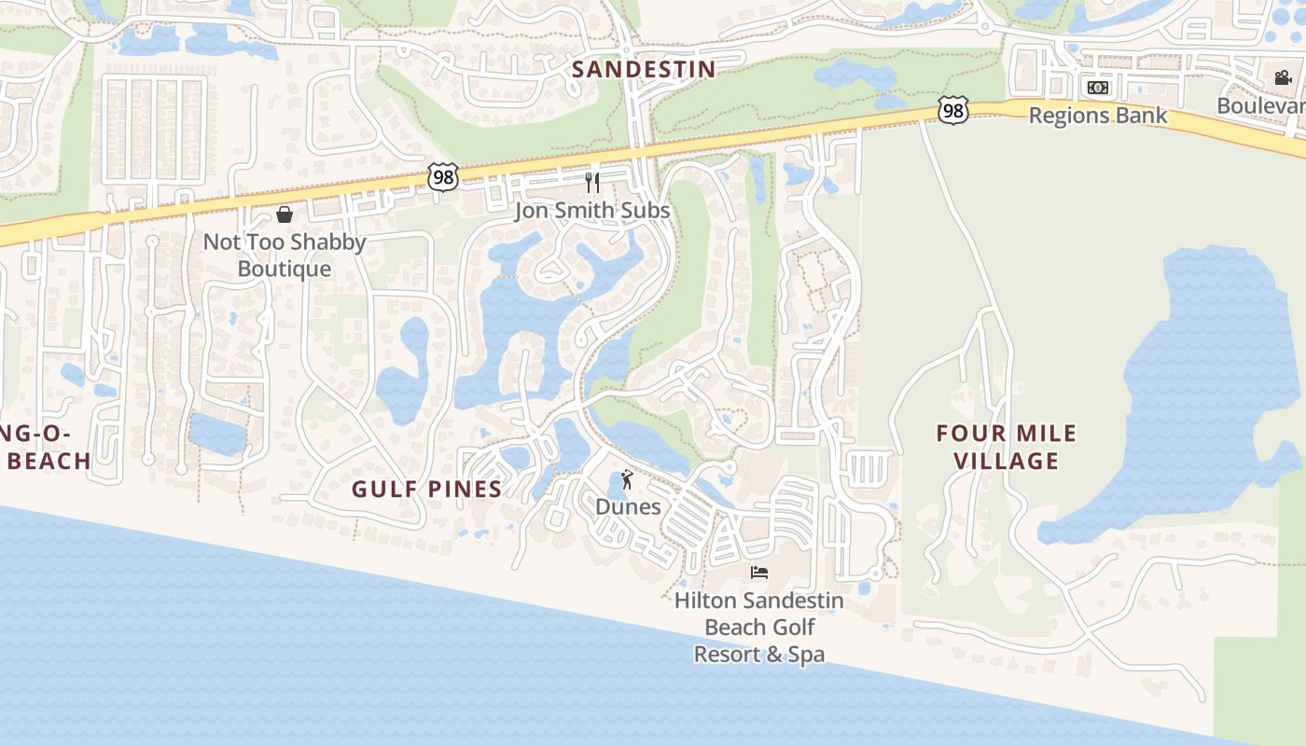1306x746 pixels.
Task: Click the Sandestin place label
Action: pos(643,69)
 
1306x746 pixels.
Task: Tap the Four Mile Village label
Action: pos(1006,447)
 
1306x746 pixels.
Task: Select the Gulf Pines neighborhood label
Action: pos(426,489)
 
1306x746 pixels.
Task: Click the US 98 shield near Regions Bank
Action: pos(952,111)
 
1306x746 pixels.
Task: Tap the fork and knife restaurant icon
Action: pos(591,182)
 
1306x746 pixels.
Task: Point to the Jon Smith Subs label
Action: pos(592,211)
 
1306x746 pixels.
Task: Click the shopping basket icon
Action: pos(285,215)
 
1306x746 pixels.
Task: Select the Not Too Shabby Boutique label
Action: pos(285,255)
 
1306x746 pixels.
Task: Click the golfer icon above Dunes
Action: pos(628,481)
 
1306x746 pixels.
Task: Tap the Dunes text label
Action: pos(628,507)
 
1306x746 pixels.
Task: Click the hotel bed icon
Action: pos(759,572)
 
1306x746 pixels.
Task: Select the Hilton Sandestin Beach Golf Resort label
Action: pos(759,627)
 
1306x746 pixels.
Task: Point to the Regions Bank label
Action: pos(1097,115)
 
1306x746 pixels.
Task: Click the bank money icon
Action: pos(1097,88)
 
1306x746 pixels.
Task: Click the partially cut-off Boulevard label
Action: pos(1260,105)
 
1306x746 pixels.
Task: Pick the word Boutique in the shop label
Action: pos(285,269)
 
